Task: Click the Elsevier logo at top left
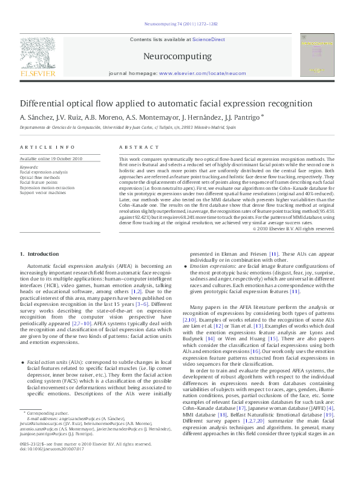[x=40, y=58]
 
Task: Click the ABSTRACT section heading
[x=134, y=148]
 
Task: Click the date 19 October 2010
[x=66, y=158]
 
